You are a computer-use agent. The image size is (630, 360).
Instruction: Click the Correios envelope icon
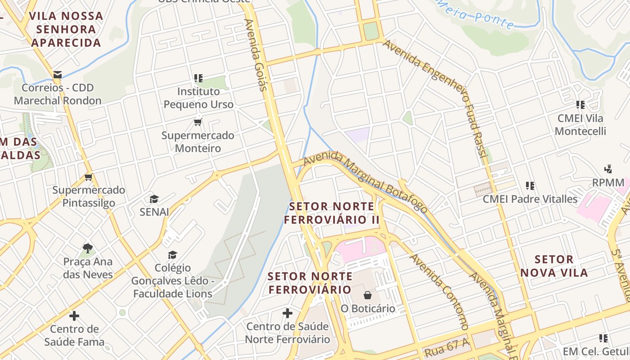coord(57,75)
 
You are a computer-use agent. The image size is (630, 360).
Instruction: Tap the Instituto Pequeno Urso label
coord(198,98)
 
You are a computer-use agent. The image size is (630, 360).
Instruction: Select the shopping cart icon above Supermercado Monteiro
coord(198,122)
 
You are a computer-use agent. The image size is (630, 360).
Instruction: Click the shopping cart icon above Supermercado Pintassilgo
coord(89,177)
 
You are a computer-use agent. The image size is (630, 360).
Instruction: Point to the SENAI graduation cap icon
coord(154,199)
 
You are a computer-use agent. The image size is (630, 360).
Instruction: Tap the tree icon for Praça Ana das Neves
coord(88,248)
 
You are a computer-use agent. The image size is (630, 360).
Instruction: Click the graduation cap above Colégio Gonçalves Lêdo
coord(172,255)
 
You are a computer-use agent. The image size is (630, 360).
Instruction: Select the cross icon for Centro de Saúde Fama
coord(74,315)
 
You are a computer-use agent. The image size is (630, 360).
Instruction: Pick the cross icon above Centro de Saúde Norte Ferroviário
coord(288,313)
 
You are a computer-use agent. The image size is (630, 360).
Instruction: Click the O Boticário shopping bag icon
coord(368,295)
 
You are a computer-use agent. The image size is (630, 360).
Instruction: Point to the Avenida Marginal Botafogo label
coord(365,182)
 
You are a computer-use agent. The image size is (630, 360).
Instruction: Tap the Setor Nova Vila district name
coord(554,266)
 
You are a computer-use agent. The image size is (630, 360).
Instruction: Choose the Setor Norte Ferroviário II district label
coord(332,213)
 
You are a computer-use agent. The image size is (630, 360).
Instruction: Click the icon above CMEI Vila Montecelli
coord(580,105)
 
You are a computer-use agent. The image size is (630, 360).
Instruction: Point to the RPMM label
coord(608,183)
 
